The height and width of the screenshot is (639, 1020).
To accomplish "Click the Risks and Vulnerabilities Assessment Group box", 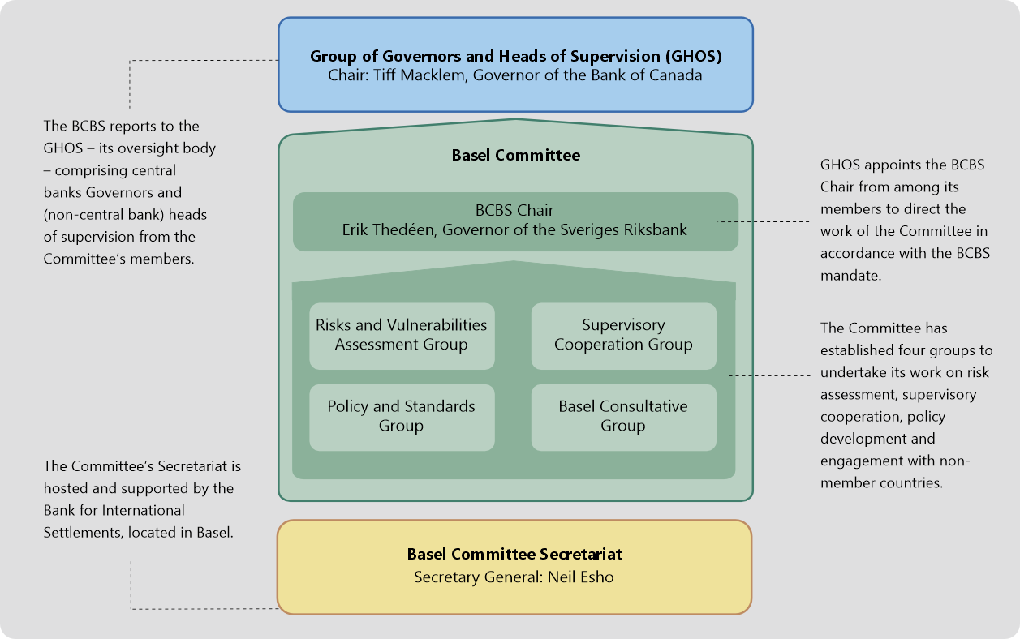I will [x=402, y=335].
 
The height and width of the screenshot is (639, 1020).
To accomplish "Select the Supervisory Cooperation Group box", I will [x=623, y=335].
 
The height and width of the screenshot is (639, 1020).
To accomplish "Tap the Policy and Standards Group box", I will [x=402, y=417].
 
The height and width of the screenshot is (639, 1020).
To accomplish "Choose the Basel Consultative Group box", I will [x=623, y=417].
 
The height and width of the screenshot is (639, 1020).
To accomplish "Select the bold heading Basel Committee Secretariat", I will [x=514, y=555].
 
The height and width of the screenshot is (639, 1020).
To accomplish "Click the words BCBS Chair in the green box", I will [x=515, y=211].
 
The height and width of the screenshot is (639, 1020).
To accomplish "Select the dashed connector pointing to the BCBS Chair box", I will [x=763, y=221].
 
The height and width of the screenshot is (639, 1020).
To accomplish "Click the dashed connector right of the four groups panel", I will [x=771, y=375].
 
